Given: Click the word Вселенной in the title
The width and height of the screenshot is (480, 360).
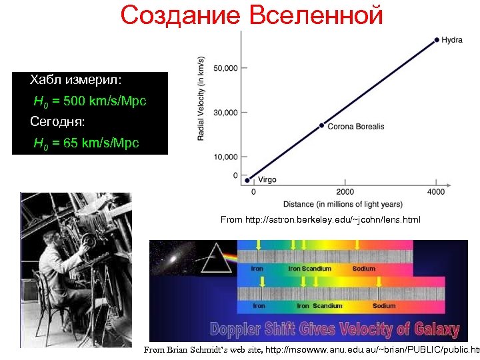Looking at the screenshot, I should (x=316, y=15).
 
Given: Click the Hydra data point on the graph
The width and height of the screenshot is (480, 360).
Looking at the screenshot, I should (x=437, y=40).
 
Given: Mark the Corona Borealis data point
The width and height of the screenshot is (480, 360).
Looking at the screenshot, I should (x=321, y=125).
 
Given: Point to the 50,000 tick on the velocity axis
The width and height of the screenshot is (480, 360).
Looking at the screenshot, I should (x=225, y=68).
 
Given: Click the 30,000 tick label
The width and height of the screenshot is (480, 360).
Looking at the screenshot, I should (x=225, y=113).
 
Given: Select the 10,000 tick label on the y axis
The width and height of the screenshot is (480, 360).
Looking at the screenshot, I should (x=225, y=157).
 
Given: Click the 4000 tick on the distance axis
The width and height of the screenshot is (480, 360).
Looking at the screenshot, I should (x=436, y=192).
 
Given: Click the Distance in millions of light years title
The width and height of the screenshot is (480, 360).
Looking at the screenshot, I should (x=343, y=203).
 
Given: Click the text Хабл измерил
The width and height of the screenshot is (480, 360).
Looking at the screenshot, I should (x=75, y=80).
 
